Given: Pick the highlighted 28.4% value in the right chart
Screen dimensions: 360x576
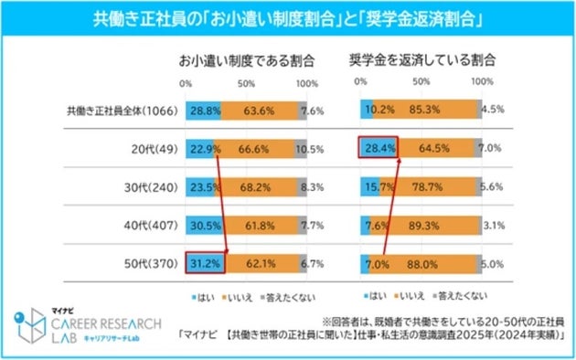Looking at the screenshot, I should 378,148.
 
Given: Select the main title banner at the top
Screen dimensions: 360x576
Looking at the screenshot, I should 288,18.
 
